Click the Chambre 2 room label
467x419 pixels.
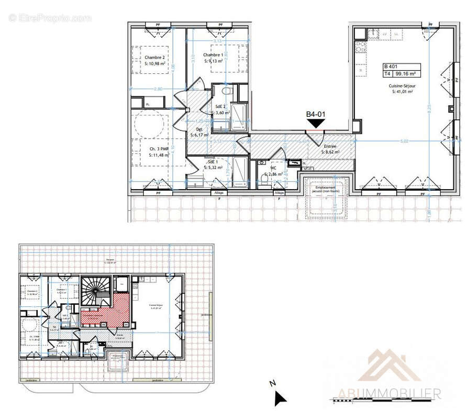155,58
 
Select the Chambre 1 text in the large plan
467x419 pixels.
213,55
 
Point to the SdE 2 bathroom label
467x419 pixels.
220,106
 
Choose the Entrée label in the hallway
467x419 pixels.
331,147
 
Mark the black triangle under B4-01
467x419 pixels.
317,124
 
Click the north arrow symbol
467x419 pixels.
280,399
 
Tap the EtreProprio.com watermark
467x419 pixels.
50,18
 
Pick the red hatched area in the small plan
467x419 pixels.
107,312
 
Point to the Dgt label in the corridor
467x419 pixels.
199,129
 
